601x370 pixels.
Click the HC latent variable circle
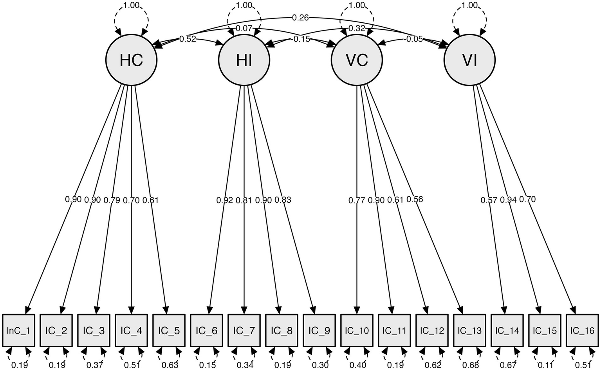tap(131, 60)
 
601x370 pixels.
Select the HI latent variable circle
tap(244, 60)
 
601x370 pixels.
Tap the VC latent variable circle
tap(357, 60)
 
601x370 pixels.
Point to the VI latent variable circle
tap(469, 60)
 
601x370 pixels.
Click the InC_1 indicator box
tap(18, 330)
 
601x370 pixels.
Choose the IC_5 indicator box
tap(169, 330)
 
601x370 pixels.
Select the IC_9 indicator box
tap(319, 330)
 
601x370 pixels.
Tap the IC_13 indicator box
tap(469, 330)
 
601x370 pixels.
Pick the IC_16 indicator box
tap(582, 330)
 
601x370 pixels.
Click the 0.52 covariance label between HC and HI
tap(188, 39)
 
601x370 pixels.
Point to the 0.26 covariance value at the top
tap(300, 17)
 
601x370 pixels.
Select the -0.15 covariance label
tap(300, 39)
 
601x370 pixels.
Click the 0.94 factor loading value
tap(508, 200)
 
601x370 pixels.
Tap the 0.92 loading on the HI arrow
tap(224, 200)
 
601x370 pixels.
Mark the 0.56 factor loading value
tap(415, 199)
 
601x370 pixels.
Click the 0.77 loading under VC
tap(357, 200)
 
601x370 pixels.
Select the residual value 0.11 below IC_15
tap(545, 365)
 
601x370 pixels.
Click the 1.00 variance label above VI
tap(469, 5)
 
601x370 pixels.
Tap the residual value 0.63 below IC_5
tap(170, 365)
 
